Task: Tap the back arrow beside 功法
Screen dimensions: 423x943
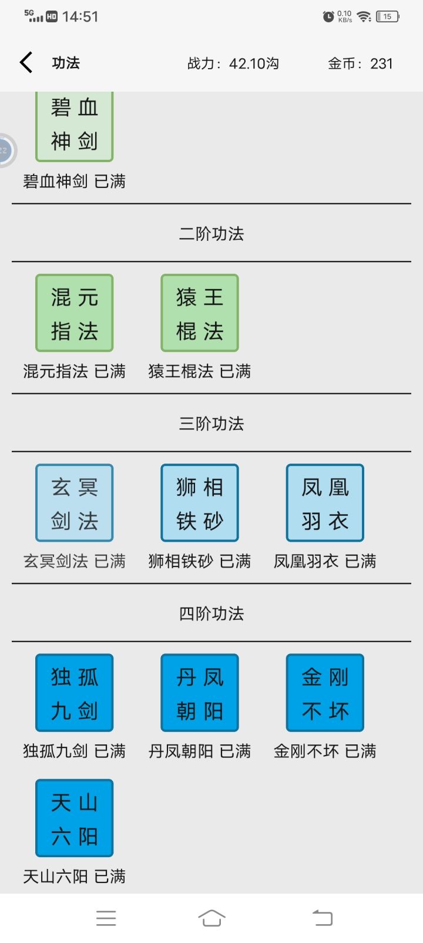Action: pos(26,63)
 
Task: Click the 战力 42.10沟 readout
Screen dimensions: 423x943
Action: pos(233,63)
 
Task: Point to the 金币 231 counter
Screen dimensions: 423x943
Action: pos(360,63)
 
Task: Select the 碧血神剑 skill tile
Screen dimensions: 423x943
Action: pos(75,126)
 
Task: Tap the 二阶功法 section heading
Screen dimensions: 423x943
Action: pos(211,234)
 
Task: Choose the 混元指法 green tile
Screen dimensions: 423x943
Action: pos(75,313)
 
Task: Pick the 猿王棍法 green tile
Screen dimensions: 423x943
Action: pos(200,313)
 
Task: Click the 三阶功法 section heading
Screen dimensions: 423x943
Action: pos(211,424)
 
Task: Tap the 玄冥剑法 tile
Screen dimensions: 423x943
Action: pos(75,503)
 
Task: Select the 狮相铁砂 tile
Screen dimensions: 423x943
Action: pos(200,503)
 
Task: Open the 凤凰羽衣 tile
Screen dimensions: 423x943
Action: pos(325,503)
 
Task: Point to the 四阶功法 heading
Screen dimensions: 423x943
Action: pos(211,613)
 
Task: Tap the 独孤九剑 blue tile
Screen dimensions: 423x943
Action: pos(75,693)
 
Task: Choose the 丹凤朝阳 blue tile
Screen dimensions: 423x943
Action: pos(200,693)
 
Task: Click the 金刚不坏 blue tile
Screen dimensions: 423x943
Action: pos(325,693)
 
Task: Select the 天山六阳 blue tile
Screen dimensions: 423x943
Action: pos(75,818)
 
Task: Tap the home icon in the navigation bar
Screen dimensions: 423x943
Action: pos(211,918)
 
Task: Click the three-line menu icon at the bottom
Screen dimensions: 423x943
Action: pos(106,918)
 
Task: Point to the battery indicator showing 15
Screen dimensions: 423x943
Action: pos(388,16)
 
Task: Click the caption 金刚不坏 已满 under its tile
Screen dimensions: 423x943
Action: pos(325,751)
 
